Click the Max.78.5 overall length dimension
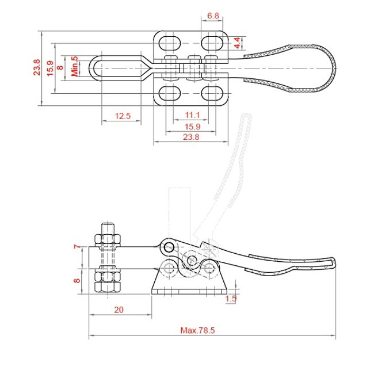197,330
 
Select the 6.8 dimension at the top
213,16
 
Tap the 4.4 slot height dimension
237,43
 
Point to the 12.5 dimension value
123,116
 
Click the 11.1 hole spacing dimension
192,115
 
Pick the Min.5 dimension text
75,66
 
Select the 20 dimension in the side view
119,310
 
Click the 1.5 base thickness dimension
231,299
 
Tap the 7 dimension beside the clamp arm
77,246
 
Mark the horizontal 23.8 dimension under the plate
191,137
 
